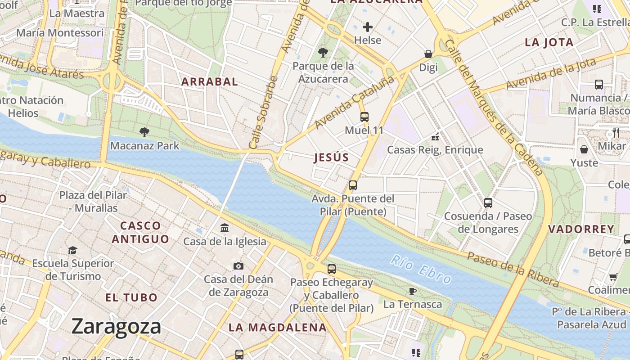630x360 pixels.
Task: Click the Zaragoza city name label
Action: (x=116, y=326)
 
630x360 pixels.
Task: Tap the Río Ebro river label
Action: (x=421, y=270)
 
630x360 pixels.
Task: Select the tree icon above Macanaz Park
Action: (x=144, y=132)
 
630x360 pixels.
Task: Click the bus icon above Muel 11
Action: (x=364, y=117)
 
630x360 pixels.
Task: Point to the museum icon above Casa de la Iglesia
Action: (x=225, y=228)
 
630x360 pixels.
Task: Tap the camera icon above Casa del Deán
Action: (x=238, y=266)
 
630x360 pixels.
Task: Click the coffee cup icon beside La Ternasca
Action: (x=413, y=291)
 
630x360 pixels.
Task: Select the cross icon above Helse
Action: (x=368, y=27)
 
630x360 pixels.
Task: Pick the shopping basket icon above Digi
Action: (x=428, y=54)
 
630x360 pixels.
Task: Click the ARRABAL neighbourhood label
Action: (x=209, y=82)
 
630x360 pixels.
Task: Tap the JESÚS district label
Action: (x=331, y=157)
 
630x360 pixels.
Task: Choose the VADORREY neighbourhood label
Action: (x=581, y=229)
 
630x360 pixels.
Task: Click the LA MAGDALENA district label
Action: (x=277, y=328)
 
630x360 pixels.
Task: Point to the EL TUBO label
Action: (x=131, y=297)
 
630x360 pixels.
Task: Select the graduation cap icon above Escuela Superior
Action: (x=72, y=250)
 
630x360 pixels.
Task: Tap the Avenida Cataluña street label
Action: (x=355, y=102)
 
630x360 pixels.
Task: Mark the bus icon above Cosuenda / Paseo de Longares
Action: (x=488, y=203)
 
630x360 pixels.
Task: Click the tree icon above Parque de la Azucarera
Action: (x=323, y=53)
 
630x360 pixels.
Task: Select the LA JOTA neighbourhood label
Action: (x=549, y=43)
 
